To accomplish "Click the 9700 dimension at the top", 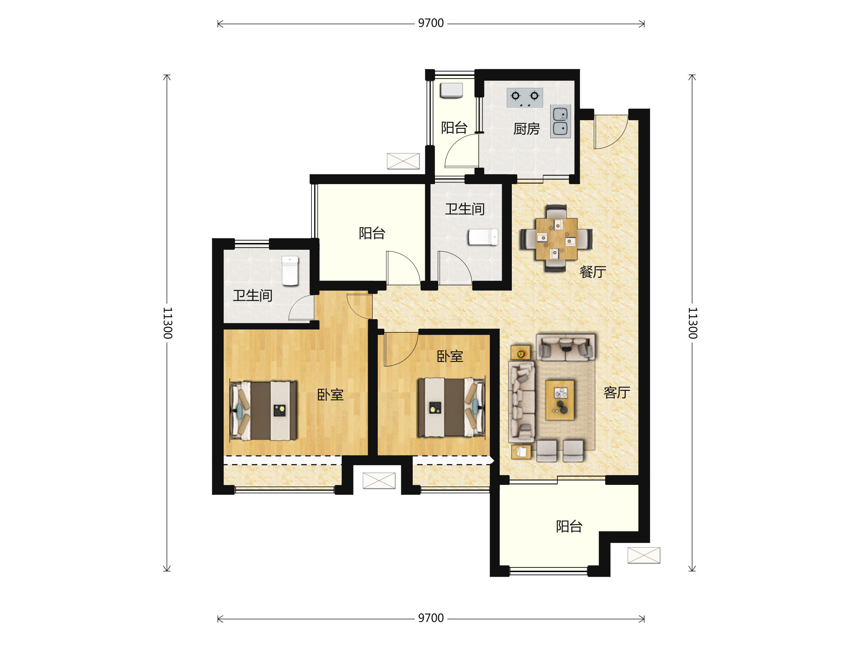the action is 431,23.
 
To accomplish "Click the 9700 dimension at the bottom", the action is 431,618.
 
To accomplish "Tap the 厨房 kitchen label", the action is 527,129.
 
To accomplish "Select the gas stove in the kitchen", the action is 524,98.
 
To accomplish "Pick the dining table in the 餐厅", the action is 556,239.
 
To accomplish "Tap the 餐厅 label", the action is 593,272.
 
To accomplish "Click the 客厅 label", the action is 617,393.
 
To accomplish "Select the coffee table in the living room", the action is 560,400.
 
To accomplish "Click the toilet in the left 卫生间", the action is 290,271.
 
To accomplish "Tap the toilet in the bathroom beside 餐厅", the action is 483,237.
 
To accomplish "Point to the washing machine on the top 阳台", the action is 451,90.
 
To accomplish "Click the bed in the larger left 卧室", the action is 263,411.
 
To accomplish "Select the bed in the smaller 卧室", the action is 451,407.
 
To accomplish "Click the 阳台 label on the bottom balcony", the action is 569,527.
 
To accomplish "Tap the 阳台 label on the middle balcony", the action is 372,233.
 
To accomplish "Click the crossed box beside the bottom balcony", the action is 644,555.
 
